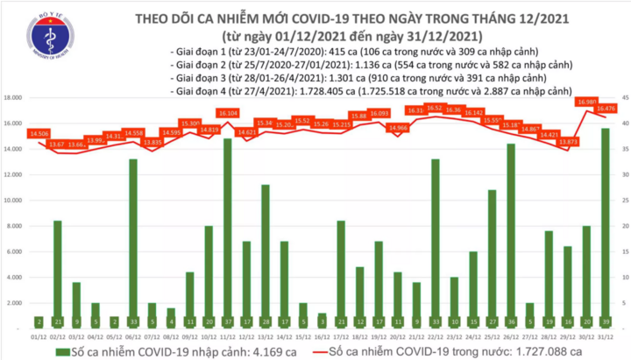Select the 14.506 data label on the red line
pos(39,133)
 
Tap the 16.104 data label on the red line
pos(229,113)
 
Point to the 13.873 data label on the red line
pos(567,141)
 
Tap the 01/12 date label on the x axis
pos(38,335)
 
